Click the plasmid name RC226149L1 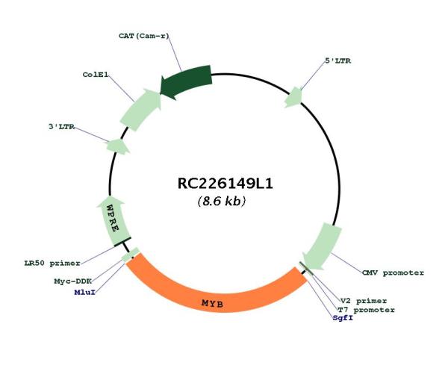[x=225, y=184]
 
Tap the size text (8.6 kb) [x=222, y=202]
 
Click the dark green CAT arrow [x=186, y=81]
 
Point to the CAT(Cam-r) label [x=143, y=36]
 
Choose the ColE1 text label [x=96, y=75]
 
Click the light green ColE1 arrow [x=140, y=110]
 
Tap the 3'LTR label [x=62, y=126]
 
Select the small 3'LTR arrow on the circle [x=118, y=146]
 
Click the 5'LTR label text [x=338, y=60]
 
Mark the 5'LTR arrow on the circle [x=293, y=98]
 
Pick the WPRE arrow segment [x=113, y=220]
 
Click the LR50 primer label [x=52, y=263]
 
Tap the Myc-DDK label [x=73, y=281]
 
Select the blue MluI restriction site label [x=84, y=293]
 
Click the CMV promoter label [x=393, y=272]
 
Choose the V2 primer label [x=364, y=301]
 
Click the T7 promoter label [x=366, y=310]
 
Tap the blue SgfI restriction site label [x=343, y=318]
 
